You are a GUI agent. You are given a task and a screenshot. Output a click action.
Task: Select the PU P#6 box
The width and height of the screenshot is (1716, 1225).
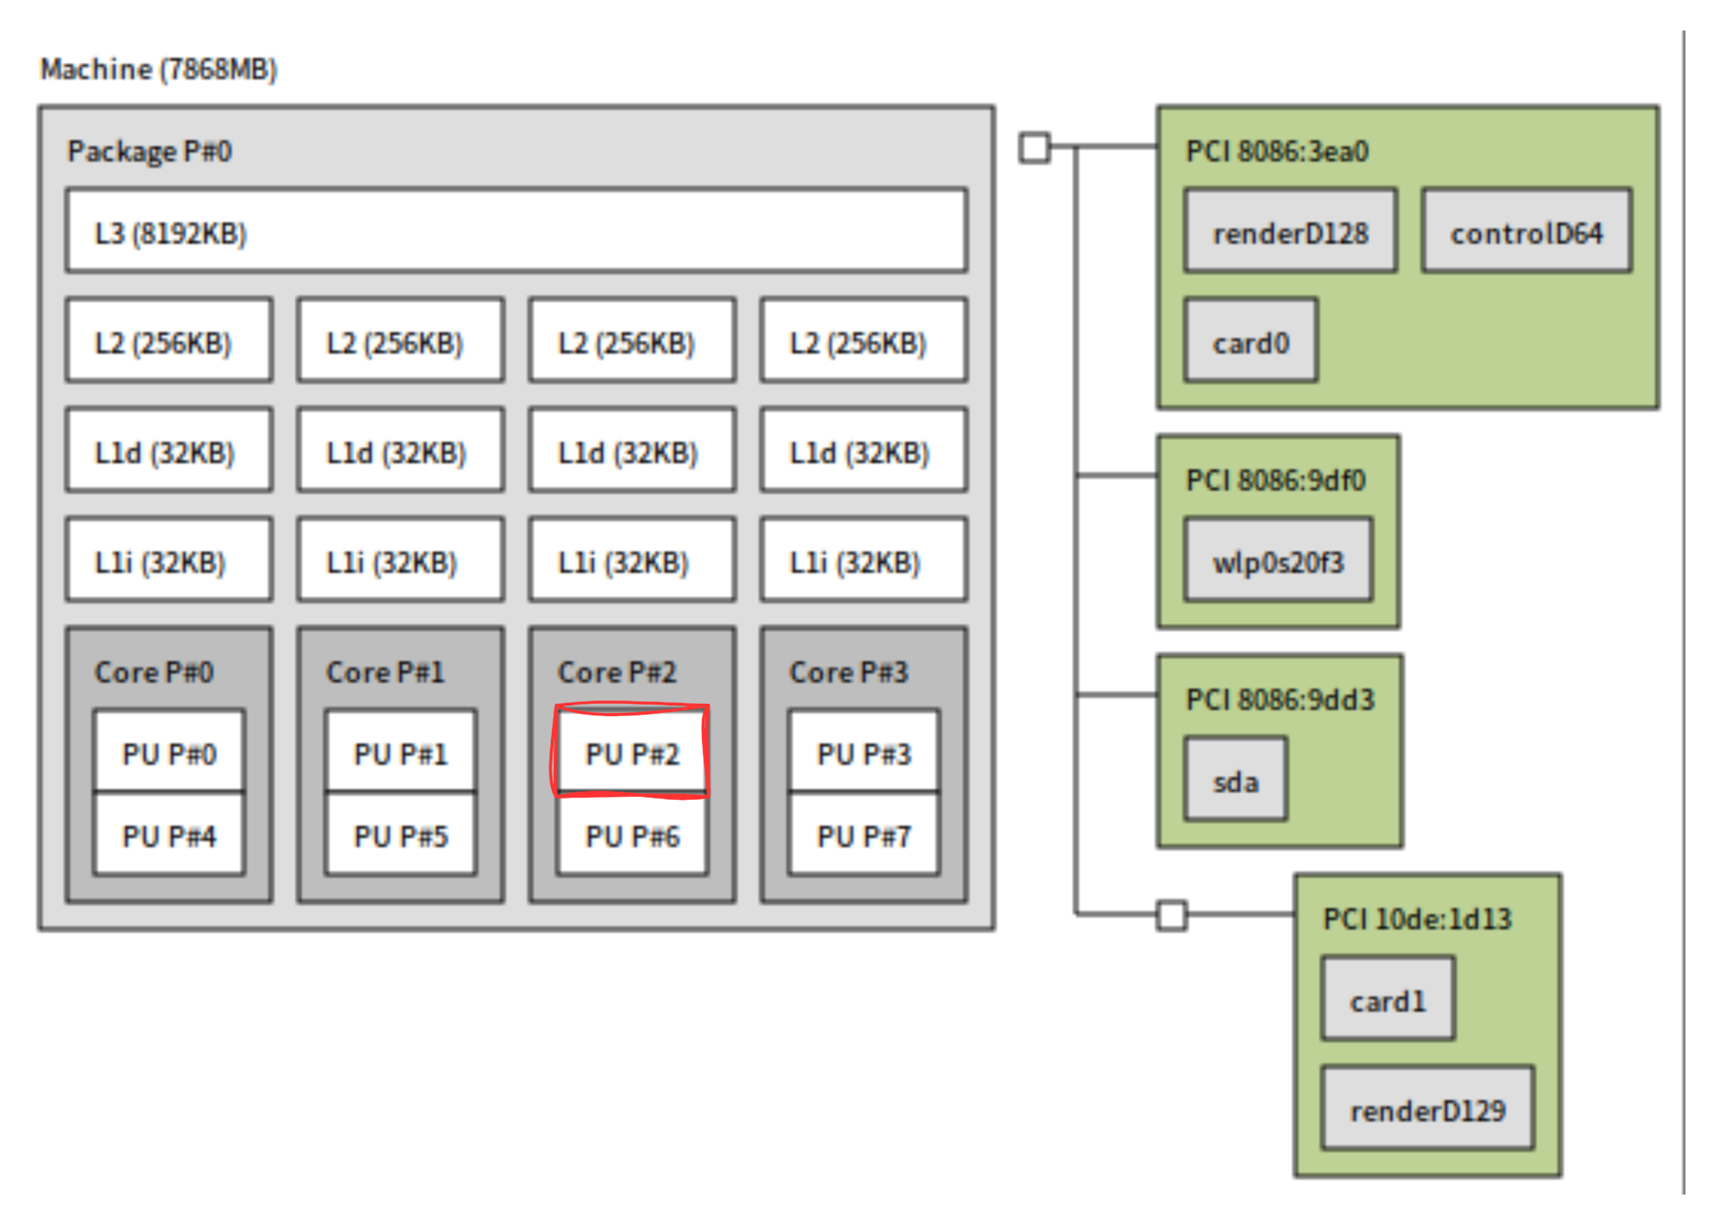click(x=632, y=836)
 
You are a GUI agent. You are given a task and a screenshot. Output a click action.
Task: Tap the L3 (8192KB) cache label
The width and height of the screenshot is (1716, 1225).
click(x=171, y=233)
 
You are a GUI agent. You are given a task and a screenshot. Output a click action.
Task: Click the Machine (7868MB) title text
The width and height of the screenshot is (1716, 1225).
click(x=158, y=69)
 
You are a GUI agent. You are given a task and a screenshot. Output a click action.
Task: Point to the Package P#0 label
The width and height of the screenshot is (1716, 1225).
click(x=149, y=151)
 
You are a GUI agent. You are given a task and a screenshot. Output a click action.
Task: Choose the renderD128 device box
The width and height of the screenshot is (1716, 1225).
click(x=1290, y=232)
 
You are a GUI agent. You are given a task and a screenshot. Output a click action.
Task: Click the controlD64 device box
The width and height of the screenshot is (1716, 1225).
click(x=1526, y=232)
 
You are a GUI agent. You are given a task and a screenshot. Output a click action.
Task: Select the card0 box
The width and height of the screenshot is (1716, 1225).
click(x=1250, y=342)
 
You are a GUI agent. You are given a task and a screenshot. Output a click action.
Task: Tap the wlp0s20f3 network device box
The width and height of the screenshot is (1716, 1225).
click(x=1278, y=561)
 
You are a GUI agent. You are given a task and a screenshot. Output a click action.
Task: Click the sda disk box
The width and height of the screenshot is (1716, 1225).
click(x=1235, y=780)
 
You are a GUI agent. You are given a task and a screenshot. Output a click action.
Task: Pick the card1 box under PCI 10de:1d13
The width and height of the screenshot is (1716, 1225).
click(x=1388, y=1000)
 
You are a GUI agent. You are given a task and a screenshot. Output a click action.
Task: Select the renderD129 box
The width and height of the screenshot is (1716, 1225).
click(x=1427, y=1109)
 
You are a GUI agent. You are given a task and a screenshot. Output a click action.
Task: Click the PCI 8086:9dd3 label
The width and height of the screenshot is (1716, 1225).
click(x=1280, y=699)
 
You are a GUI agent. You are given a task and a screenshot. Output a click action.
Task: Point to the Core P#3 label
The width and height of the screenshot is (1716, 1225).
click(x=849, y=672)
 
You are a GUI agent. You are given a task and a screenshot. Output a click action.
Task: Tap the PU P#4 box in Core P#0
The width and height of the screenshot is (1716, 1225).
click(x=169, y=836)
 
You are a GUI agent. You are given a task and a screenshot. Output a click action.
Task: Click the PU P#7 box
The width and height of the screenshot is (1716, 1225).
click(x=863, y=836)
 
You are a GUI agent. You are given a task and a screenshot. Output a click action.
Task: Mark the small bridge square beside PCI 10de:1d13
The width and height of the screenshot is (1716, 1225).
click(x=1171, y=915)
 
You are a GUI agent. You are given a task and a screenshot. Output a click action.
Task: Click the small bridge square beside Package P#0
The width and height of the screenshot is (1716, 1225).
click(x=1034, y=147)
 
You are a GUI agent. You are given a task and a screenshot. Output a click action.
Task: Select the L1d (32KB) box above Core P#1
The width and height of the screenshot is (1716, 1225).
click(x=400, y=452)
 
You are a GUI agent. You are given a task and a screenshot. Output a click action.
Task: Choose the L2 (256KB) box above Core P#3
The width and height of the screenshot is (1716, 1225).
click(x=863, y=342)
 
